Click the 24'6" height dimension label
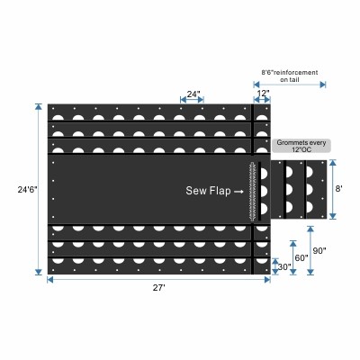(x=28, y=190)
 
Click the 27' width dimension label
(x=159, y=288)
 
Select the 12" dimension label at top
(x=263, y=94)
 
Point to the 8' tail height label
(x=339, y=189)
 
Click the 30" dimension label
(x=284, y=266)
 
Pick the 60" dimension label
(x=301, y=257)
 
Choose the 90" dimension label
(x=319, y=250)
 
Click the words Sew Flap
(x=208, y=191)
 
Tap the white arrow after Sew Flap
(x=238, y=192)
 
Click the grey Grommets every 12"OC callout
(x=301, y=146)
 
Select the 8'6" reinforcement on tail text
(x=290, y=76)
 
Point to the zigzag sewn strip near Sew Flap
(x=253, y=192)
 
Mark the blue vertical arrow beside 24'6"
(x=39, y=189)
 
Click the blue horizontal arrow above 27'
(x=159, y=280)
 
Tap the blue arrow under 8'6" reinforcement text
(x=290, y=85)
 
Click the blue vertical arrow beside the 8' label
(x=332, y=189)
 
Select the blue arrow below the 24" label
(x=192, y=99)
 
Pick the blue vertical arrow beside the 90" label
(x=310, y=250)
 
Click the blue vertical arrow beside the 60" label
(x=293, y=257)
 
